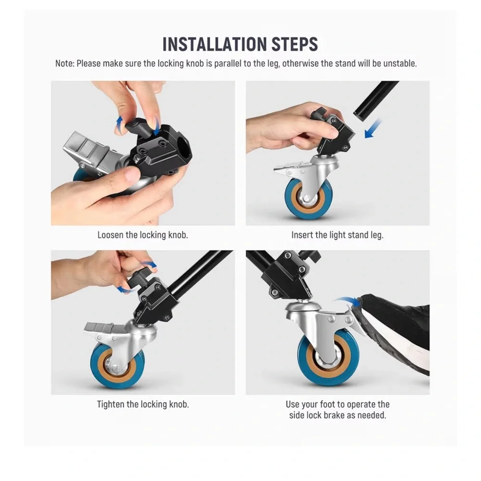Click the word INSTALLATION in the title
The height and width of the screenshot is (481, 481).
coord(215,44)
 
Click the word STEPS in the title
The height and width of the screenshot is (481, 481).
coord(295,44)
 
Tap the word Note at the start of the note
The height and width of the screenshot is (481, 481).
coord(65,63)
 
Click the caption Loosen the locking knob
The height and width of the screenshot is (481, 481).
coord(143,235)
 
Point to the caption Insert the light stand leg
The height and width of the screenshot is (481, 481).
coord(338,235)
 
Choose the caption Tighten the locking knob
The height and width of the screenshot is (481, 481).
coord(143,405)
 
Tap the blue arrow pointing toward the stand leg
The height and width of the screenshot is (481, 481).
coord(373,128)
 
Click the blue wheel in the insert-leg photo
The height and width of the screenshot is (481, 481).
coord(308,198)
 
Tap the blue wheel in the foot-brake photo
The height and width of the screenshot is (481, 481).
coord(328,357)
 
